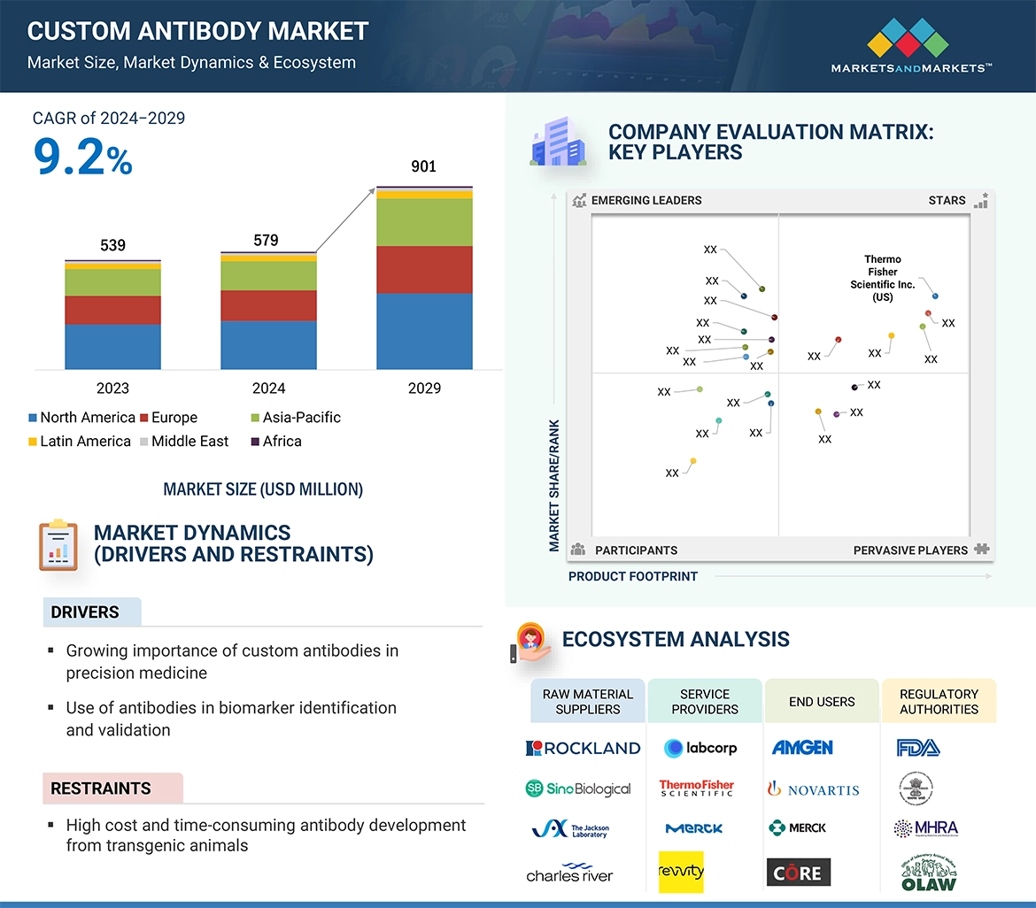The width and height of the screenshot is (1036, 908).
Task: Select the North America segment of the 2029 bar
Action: [424, 331]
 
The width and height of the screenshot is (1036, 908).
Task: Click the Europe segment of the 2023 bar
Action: [112, 310]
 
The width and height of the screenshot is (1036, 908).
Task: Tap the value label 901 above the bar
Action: [424, 166]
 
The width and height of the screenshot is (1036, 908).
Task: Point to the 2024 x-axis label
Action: [268, 388]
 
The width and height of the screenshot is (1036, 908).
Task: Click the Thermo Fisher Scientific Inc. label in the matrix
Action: [882, 279]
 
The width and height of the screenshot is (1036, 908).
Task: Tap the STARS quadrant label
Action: [947, 201]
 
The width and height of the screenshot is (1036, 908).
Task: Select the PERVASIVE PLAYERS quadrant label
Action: [910, 550]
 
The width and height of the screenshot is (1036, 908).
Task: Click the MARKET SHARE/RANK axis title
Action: [554, 486]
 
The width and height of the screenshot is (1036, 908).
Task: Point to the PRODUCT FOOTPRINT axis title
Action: [633, 576]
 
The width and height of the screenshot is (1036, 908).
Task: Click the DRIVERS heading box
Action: [91, 612]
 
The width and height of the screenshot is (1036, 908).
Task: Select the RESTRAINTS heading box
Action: [112, 788]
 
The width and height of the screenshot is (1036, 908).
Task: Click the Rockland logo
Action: [583, 748]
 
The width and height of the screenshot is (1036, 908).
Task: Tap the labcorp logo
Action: [700, 748]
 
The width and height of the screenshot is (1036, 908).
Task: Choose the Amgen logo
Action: [802, 748]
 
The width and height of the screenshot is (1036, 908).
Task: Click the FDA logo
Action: [917, 748]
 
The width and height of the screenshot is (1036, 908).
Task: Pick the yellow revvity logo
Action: [682, 872]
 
